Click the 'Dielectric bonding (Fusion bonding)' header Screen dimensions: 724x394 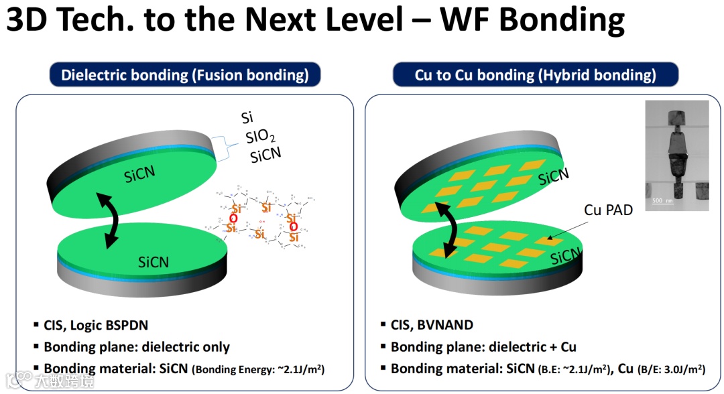pyautogui.click(x=184, y=75)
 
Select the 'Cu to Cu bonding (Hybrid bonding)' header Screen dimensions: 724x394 pyautogui.click(x=535, y=75)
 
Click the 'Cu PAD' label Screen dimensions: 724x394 pyautogui.click(x=608, y=210)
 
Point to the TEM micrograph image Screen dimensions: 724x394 pyautogui.click(x=676, y=155)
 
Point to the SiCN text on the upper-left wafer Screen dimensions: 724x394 pyautogui.click(x=140, y=174)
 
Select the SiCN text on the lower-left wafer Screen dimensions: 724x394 pyautogui.click(x=154, y=262)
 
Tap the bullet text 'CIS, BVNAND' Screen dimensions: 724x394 pyautogui.click(x=432, y=326)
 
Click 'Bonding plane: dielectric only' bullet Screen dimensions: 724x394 pyautogui.click(x=137, y=347)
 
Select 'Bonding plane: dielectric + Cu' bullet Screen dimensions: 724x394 pyautogui.click(x=483, y=347)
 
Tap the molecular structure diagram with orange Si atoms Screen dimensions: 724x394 pyautogui.click(x=261, y=218)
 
